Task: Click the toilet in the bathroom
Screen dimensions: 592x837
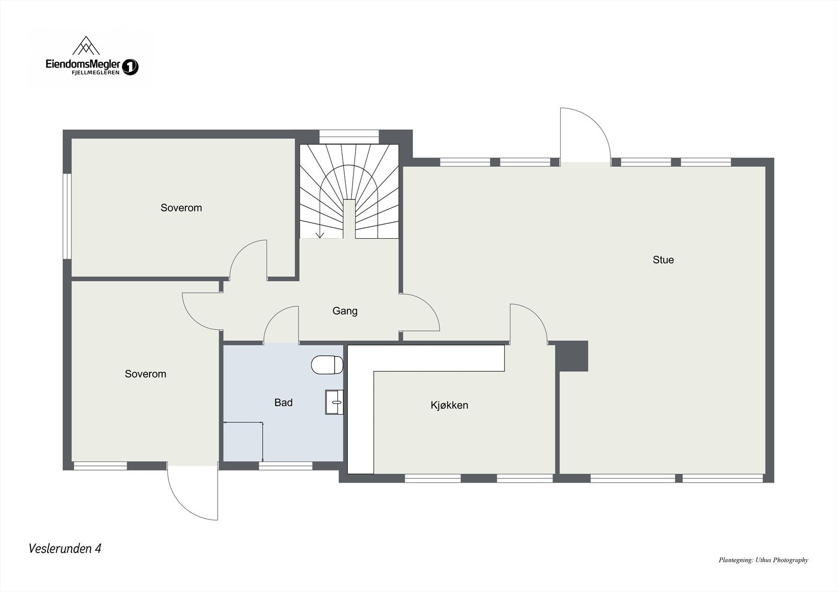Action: coord(327,365)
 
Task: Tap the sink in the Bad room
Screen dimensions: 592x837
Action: coord(334,402)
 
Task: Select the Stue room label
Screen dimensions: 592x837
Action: coord(663,260)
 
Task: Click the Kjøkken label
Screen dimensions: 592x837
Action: coord(449,405)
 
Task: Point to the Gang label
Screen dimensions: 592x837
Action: coord(345,311)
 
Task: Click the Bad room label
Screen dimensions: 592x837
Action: coord(283,403)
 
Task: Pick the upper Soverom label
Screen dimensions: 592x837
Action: coord(181,208)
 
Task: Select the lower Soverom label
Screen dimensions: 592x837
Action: coord(145,374)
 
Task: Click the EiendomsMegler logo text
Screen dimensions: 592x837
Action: coord(83,65)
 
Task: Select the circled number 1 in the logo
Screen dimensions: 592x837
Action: coord(130,67)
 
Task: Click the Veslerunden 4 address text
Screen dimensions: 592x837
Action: coord(65,549)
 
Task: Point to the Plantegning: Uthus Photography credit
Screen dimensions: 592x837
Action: coord(763,560)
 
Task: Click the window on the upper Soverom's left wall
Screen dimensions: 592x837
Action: coord(67,216)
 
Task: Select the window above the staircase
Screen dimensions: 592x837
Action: coord(349,134)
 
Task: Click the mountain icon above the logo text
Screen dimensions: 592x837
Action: coord(86,46)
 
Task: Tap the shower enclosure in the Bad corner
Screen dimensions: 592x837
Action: coord(243,441)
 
